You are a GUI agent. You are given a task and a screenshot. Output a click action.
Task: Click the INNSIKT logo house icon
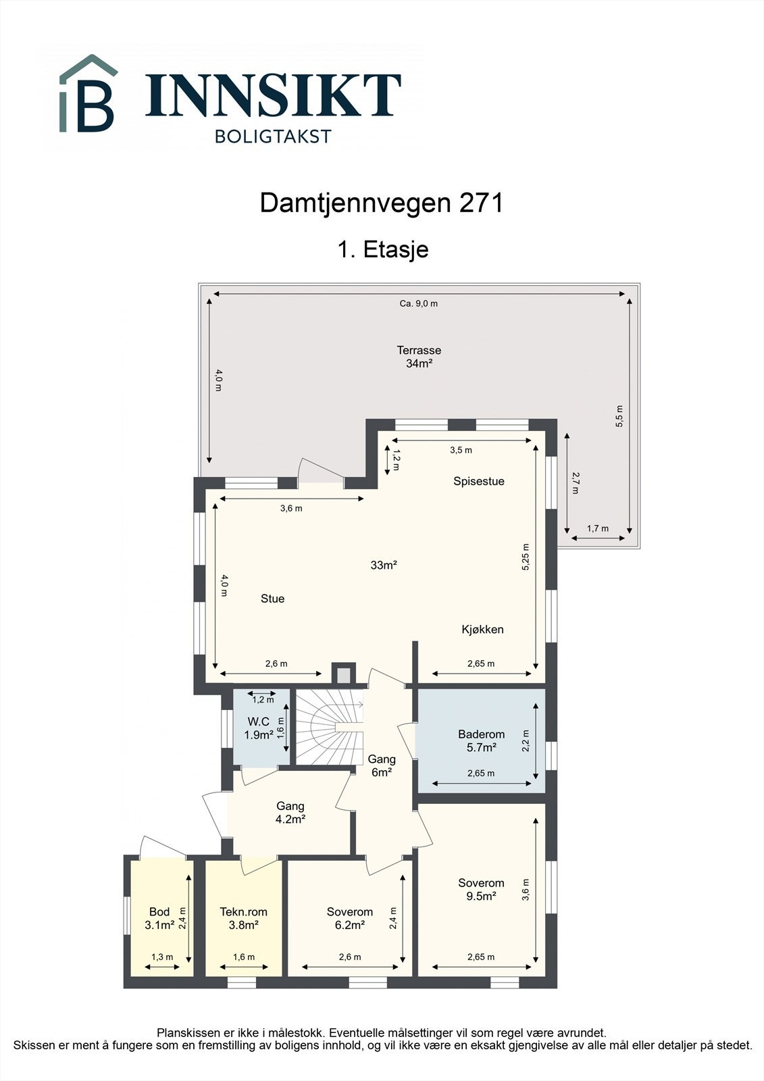[x=88, y=94]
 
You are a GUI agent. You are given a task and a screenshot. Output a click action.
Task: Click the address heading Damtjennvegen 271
[x=382, y=203]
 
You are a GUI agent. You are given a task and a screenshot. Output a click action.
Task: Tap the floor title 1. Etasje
[x=382, y=249]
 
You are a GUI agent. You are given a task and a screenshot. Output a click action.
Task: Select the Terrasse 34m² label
[x=419, y=357]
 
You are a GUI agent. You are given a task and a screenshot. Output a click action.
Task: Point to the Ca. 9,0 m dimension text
[x=418, y=303]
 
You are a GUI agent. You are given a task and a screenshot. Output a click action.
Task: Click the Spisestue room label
[x=478, y=481]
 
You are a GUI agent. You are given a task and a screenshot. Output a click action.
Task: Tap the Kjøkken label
[x=482, y=629]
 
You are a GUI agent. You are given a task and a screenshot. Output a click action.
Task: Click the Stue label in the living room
[x=272, y=599]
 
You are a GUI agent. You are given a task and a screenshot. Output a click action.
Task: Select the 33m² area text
[x=383, y=565]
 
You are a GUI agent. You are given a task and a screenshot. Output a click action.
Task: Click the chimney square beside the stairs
[x=343, y=674]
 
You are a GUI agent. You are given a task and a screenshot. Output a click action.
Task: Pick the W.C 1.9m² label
[x=258, y=728]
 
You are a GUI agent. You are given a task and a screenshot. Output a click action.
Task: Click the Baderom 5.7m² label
[x=481, y=740]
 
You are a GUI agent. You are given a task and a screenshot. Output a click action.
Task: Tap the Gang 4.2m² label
[x=290, y=812]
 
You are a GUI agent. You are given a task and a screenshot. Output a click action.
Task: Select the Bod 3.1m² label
[x=159, y=918]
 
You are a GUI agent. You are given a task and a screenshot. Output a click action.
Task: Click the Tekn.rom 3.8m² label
[x=239, y=918]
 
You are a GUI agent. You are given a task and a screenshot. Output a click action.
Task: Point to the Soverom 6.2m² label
[x=349, y=918]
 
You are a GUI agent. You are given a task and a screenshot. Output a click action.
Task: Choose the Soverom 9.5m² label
[x=481, y=889]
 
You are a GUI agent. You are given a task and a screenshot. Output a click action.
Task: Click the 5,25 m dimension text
[x=526, y=557]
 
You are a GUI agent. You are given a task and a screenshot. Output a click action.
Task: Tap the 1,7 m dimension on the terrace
[x=597, y=528]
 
